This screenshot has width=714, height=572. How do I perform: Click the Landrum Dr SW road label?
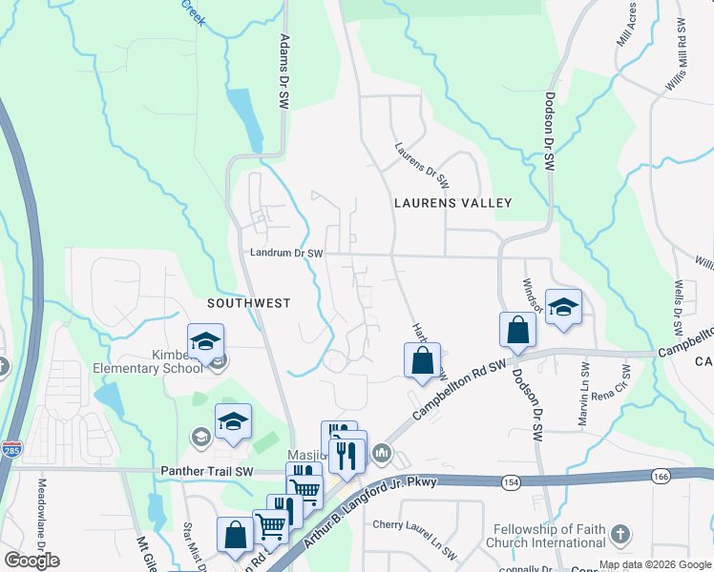pos(287,254)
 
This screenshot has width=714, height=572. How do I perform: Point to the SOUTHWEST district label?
pos(248,302)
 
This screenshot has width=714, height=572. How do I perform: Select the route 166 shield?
pos(660,476)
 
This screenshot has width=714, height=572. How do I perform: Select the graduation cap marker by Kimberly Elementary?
pos(205,341)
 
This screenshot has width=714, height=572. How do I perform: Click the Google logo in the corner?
pos(31,562)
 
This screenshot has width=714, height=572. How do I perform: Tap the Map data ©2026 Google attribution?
pos(655,564)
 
